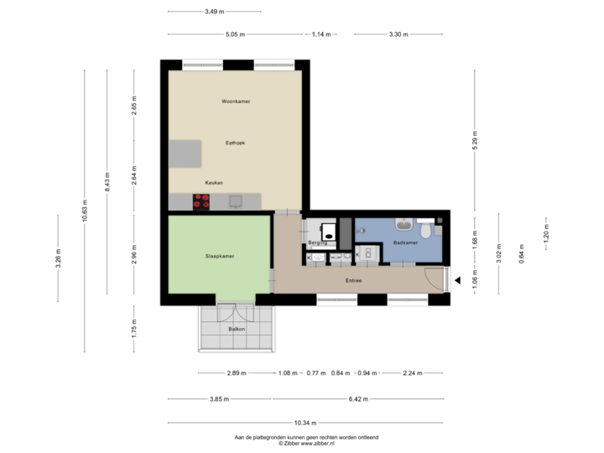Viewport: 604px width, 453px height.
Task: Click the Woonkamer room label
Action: click(236, 102)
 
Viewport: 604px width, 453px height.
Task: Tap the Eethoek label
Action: click(235, 143)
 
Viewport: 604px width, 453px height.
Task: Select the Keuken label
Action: click(214, 182)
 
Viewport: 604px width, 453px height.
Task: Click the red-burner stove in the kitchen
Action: click(201, 201)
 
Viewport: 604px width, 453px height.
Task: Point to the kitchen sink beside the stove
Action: click(236, 201)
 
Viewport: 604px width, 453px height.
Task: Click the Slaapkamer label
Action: click(220, 255)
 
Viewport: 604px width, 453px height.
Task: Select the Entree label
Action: click(353, 280)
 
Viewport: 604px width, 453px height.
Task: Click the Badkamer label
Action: click(405, 242)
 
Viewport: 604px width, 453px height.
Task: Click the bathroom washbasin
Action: click(404, 224)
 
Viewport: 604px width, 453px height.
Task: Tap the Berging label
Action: click(316, 242)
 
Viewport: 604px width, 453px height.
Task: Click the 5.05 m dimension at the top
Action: click(235, 34)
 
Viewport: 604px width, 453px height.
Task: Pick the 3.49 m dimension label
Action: click(214, 12)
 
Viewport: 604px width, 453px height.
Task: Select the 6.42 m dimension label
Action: click(358, 399)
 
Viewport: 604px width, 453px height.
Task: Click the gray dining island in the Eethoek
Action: click(185, 154)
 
